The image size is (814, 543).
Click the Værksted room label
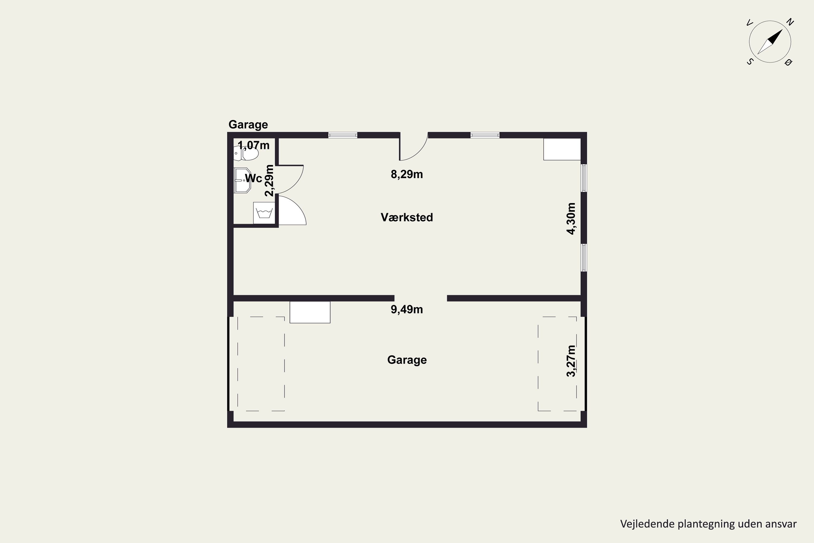coord(407,217)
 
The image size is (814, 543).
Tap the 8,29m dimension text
coord(407,174)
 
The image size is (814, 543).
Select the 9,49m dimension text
coord(407,309)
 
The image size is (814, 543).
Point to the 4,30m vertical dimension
coord(571,219)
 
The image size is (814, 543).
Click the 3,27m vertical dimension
coord(571,361)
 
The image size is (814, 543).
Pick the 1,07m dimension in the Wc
coord(253,145)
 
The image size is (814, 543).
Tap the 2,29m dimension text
coord(269,181)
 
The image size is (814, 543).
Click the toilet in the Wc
coord(246,153)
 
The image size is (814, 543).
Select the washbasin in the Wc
coord(242,181)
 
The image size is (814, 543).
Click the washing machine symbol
coord(264,213)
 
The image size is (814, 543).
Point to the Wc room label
coord(253,178)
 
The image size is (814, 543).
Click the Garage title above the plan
coord(248,125)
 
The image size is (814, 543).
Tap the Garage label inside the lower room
coord(407,360)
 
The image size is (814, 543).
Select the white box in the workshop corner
coord(562,149)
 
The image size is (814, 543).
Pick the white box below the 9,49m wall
coord(310,312)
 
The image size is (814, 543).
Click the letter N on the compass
coord(790,22)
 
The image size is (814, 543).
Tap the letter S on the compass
coord(750,62)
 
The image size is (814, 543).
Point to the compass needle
coord(770,42)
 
